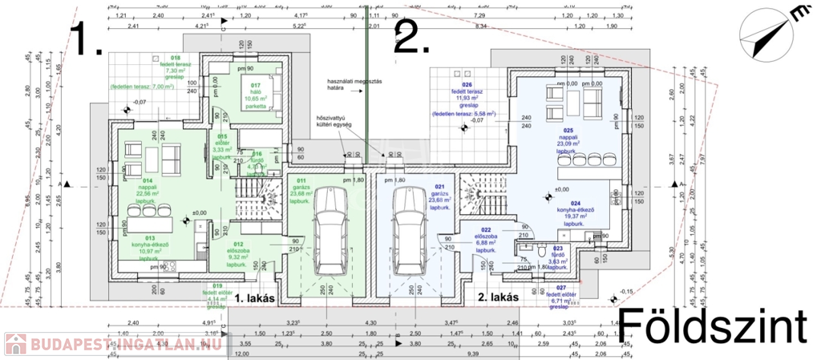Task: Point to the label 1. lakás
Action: (255, 297)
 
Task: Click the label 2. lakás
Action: (498, 297)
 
